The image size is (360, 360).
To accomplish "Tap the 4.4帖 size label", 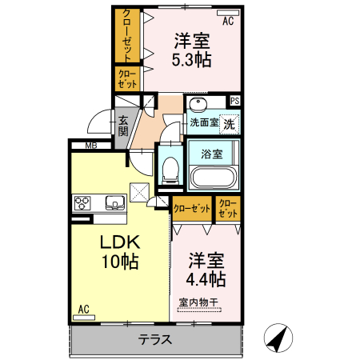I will point(206,279).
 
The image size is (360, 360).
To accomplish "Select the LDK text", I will point(120,243).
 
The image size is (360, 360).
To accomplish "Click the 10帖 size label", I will point(120,262).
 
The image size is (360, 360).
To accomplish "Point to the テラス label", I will point(156,339).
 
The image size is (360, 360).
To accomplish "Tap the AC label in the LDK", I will point(83,308).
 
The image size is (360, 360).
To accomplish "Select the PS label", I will point(234,101).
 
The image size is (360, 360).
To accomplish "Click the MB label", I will point(91,146).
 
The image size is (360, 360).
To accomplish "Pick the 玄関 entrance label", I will point(123,126).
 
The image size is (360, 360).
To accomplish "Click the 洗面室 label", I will point(204,123).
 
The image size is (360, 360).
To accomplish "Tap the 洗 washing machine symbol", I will point(229,123).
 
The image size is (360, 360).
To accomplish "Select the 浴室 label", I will point(212,151).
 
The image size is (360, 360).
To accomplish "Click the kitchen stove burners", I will point(85,201).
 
